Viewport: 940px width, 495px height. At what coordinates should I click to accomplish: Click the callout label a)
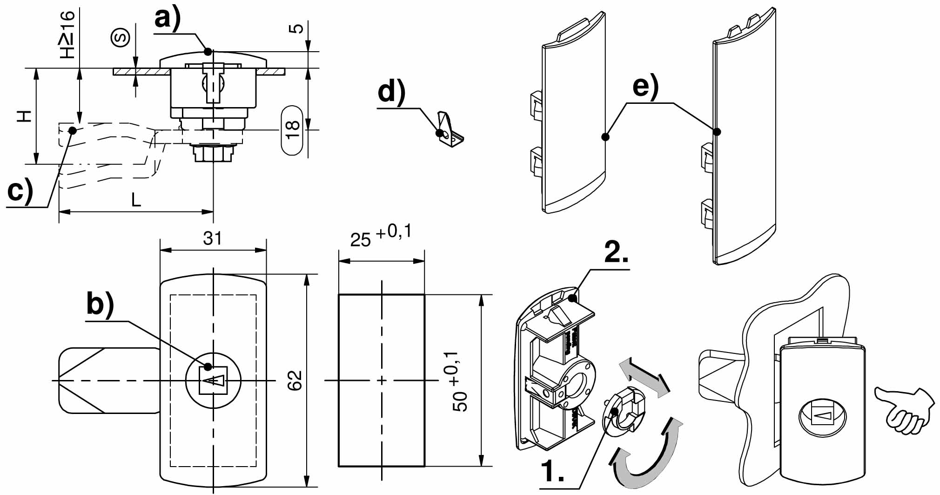(x=167, y=20)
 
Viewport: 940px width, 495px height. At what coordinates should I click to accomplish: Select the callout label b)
(x=100, y=306)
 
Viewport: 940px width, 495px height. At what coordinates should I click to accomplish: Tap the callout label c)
(x=20, y=190)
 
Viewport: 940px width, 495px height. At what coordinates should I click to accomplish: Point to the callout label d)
(x=391, y=92)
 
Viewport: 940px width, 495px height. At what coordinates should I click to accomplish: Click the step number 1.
(x=553, y=472)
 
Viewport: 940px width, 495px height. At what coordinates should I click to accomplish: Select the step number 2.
(x=616, y=253)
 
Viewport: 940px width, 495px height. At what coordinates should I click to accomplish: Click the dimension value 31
(x=213, y=238)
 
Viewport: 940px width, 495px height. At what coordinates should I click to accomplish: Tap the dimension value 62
(x=295, y=380)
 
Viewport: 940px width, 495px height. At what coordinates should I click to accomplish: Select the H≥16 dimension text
(x=67, y=35)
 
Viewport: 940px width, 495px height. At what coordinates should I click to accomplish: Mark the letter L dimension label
(x=135, y=200)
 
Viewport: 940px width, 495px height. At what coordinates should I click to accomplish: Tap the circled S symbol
(x=121, y=38)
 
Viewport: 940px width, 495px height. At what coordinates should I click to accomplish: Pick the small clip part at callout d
(x=450, y=131)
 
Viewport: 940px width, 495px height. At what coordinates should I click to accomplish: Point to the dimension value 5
(x=296, y=28)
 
